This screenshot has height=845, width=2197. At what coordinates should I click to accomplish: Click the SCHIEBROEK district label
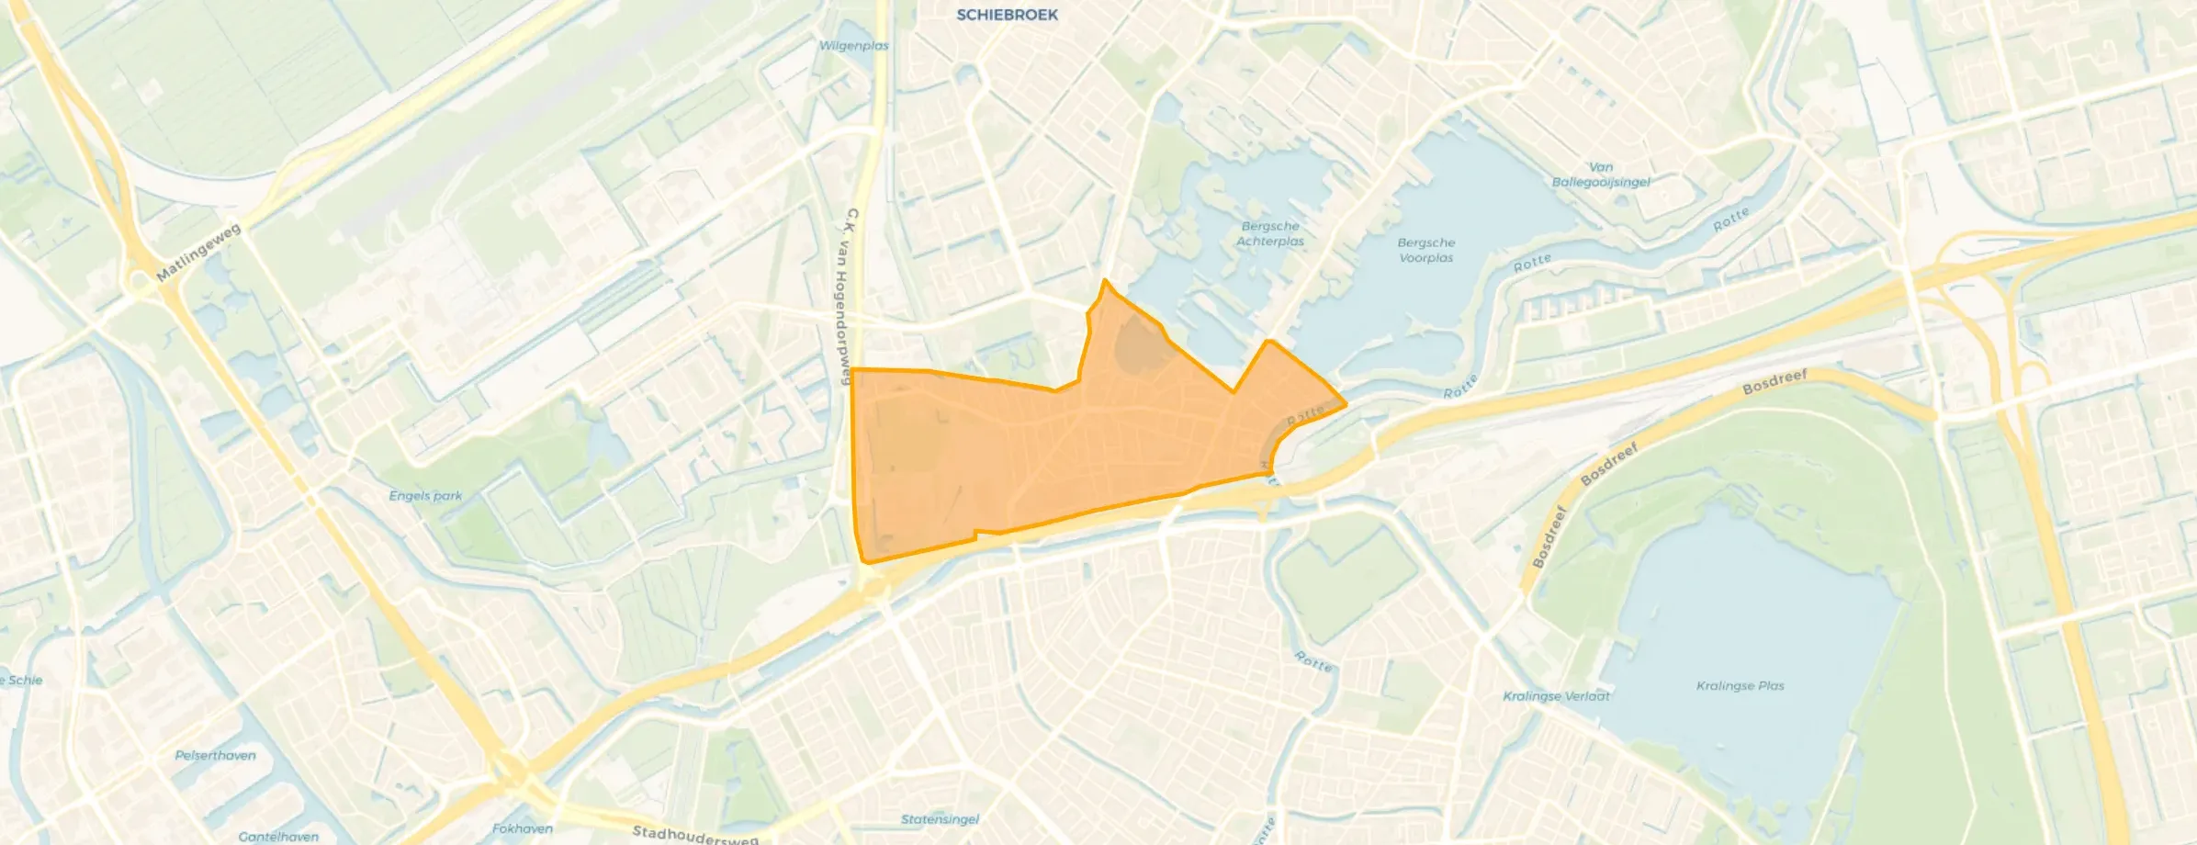[x=1007, y=15]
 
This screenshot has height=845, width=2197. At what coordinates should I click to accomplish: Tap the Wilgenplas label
[x=853, y=45]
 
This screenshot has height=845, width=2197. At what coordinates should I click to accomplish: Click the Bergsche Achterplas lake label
[x=1270, y=233]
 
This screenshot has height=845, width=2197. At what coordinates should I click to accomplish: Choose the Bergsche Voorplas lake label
[x=1425, y=250]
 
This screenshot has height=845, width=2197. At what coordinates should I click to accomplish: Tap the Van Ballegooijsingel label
[x=1601, y=175]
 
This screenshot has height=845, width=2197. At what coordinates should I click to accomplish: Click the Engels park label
[x=425, y=496]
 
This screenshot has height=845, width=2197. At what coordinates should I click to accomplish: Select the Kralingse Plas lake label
[x=1740, y=686]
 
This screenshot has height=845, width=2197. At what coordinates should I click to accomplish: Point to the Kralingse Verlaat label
[x=1556, y=696]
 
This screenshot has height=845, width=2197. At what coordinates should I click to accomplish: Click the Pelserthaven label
[x=215, y=756]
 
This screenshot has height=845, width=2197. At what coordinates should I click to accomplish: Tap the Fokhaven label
[x=522, y=828]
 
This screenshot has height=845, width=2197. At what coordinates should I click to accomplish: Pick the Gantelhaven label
[x=278, y=837]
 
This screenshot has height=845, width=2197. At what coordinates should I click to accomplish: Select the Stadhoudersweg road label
[x=695, y=835]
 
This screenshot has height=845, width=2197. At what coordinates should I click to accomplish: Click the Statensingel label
[x=940, y=819]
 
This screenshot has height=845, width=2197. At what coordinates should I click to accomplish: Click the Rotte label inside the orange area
[x=1305, y=415]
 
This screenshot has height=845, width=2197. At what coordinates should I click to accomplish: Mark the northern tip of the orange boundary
[x=1105, y=280]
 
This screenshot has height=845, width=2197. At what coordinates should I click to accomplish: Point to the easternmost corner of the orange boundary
[x=1346, y=404]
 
